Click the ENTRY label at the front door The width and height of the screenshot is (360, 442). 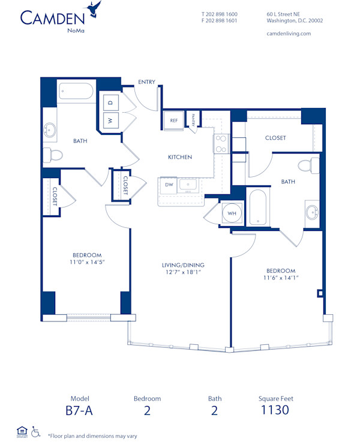point(147,82)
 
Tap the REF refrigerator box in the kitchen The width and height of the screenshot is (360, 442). point(174,120)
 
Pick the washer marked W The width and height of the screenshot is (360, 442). point(110,120)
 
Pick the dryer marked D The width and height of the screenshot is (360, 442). point(110,103)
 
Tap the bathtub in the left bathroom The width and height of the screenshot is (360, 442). point(76,92)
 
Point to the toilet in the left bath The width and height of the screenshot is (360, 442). point(53,155)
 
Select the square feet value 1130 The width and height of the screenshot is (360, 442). point(274,410)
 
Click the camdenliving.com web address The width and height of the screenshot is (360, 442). point(288,34)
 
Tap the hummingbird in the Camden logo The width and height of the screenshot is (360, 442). point(93,8)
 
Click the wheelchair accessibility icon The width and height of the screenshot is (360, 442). point(35,431)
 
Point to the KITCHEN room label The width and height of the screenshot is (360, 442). point(179,157)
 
